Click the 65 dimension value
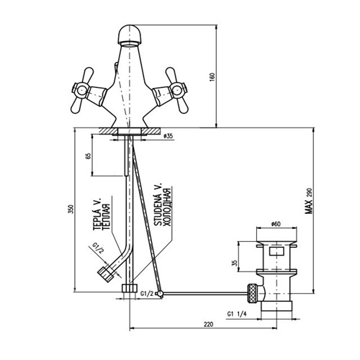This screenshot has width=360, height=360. pos(88,156)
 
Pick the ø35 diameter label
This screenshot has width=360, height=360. pos(168,135)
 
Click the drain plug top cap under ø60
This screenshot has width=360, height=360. pos(276,238)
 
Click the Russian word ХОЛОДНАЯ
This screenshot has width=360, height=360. pos(166,207)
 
